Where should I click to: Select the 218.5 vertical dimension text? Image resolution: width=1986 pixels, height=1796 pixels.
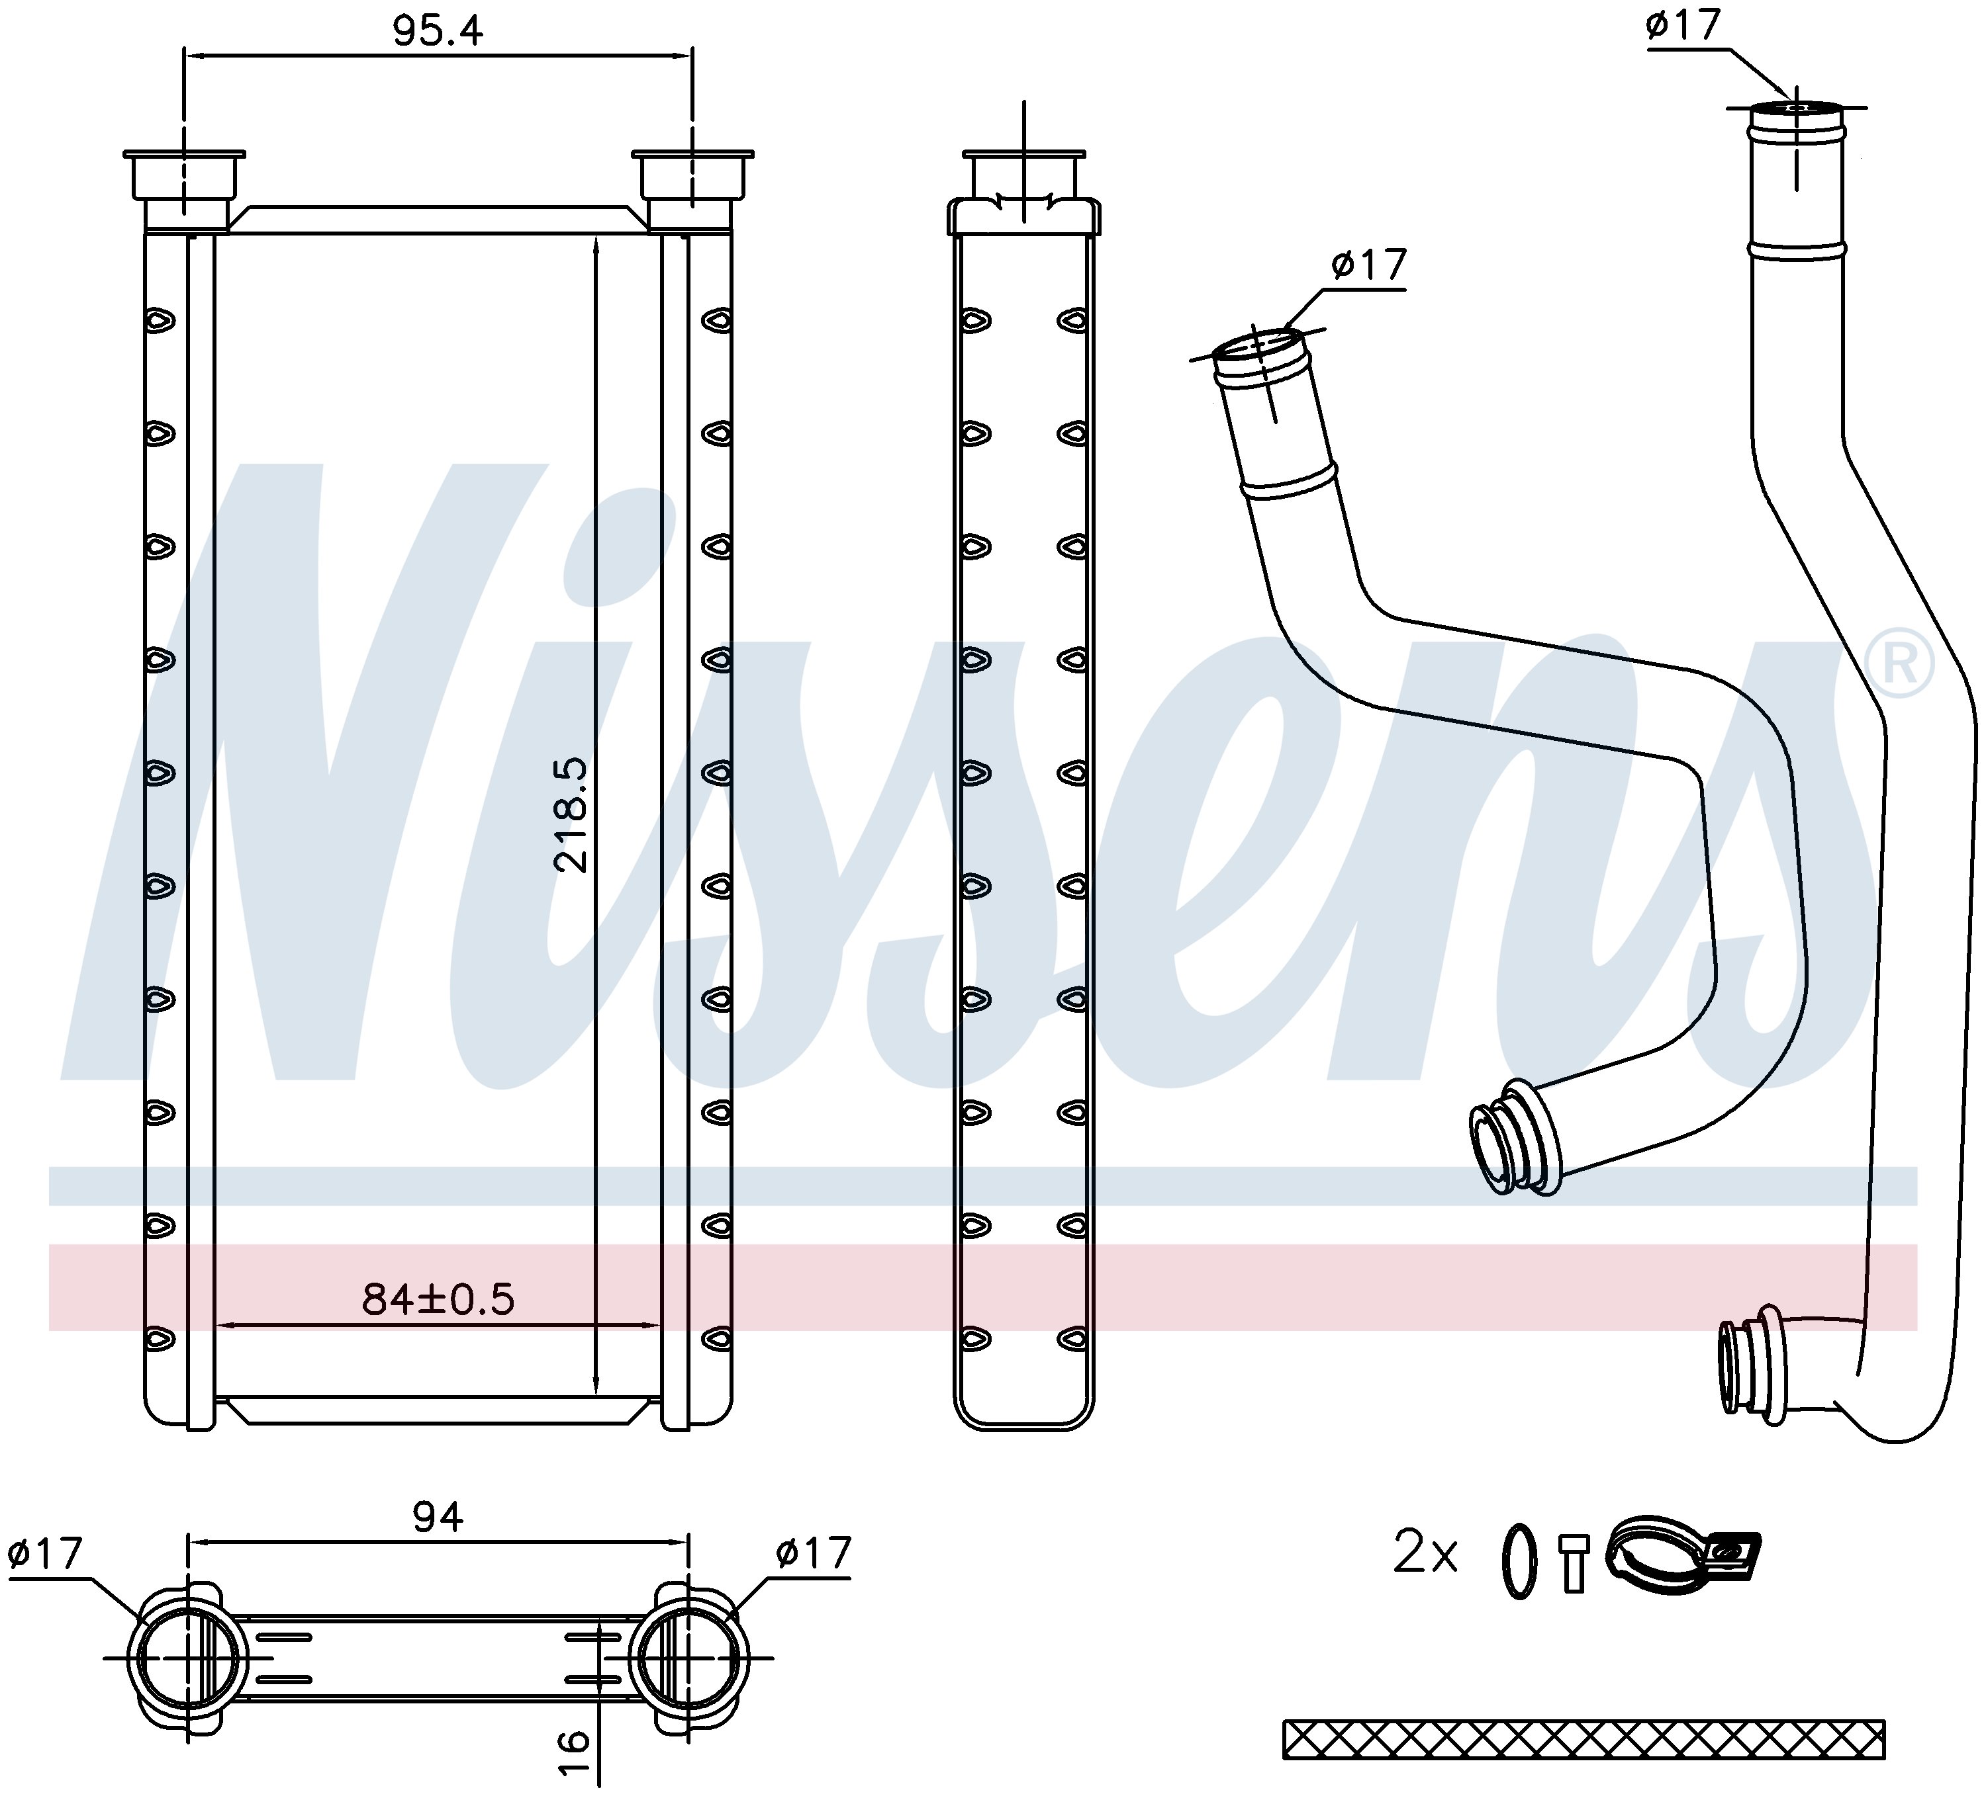click(x=571, y=815)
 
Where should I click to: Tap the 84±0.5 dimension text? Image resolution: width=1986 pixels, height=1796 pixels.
click(x=438, y=1300)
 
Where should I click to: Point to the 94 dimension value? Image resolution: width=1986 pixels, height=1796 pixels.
click(x=438, y=1518)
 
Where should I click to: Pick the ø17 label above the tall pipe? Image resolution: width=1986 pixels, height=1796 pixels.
click(x=1683, y=24)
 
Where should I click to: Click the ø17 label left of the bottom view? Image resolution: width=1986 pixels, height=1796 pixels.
click(x=44, y=1554)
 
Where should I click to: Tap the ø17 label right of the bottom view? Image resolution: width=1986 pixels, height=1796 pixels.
click(x=813, y=1554)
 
